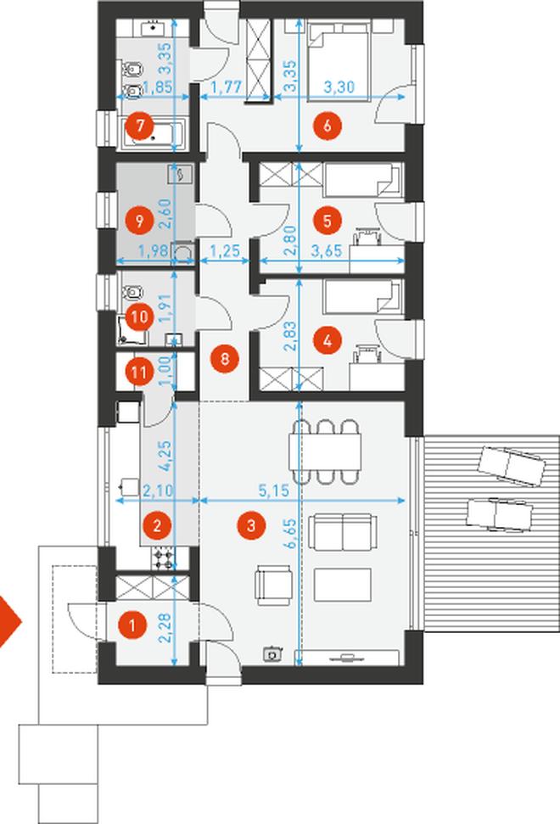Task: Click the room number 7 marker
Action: point(139,126)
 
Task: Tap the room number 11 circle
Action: point(139,373)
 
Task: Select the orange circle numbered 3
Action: point(251,525)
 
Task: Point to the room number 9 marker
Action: point(139,221)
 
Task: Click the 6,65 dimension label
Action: point(290,534)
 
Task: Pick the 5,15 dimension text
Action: point(273,490)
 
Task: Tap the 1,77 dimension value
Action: point(226,87)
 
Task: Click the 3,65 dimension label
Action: point(327,250)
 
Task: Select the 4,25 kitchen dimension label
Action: point(165,456)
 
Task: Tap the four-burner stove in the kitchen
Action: point(162,558)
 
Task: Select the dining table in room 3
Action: point(326,451)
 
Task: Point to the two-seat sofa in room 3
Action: point(343,532)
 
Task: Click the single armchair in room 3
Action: point(273,586)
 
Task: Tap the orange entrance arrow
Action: point(9,622)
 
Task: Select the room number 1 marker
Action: point(132,625)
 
